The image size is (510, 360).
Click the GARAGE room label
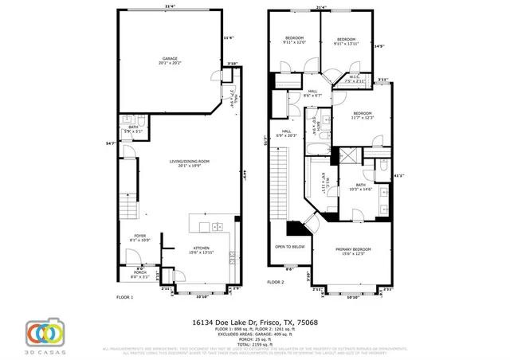(x=170, y=60)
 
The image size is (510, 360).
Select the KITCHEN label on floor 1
(x=201, y=250)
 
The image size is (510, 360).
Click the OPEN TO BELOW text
(x=290, y=247)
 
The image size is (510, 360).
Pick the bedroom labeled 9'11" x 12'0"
(x=294, y=41)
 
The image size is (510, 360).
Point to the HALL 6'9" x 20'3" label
(x=285, y=134)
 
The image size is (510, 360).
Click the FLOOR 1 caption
(x=125, y=297)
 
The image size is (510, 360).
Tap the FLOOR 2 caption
(x=276, y=282)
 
